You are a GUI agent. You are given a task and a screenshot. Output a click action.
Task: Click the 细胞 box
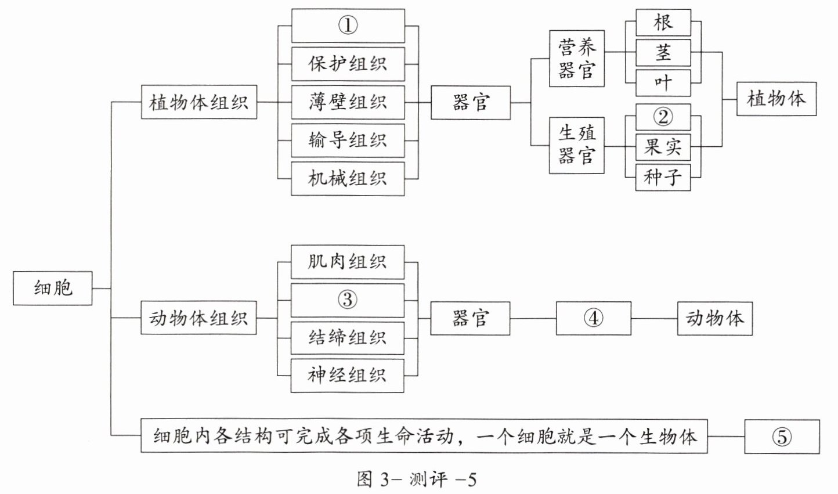53,288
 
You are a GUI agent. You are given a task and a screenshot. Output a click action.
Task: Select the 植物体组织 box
199,102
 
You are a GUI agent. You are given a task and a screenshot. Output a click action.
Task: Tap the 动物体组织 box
198,318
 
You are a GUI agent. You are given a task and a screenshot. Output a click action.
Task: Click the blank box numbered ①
348,26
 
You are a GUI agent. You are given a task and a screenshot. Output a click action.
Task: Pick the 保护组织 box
348,64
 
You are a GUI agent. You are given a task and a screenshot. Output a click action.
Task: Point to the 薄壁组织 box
348,102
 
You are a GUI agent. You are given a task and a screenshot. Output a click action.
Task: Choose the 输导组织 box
348,140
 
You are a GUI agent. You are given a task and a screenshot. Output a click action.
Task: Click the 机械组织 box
348,179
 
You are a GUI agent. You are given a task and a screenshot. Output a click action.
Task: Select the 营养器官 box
577,59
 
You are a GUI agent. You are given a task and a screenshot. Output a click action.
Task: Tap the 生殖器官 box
577,145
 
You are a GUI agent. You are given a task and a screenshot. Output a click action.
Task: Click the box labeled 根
663,23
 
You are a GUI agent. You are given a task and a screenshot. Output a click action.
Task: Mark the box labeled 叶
663,83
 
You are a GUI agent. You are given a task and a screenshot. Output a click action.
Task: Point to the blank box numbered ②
663,117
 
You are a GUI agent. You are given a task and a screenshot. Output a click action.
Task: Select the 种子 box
663,177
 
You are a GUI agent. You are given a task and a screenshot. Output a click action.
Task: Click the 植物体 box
776,99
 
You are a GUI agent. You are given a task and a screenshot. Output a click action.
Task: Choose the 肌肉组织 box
348,262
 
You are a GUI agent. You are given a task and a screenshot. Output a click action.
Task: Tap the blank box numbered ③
348,300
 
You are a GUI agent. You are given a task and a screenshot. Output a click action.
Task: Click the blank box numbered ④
593,318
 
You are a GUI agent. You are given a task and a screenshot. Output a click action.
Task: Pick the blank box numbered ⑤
782,437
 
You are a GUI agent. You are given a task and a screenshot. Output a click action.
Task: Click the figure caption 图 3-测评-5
417,480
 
